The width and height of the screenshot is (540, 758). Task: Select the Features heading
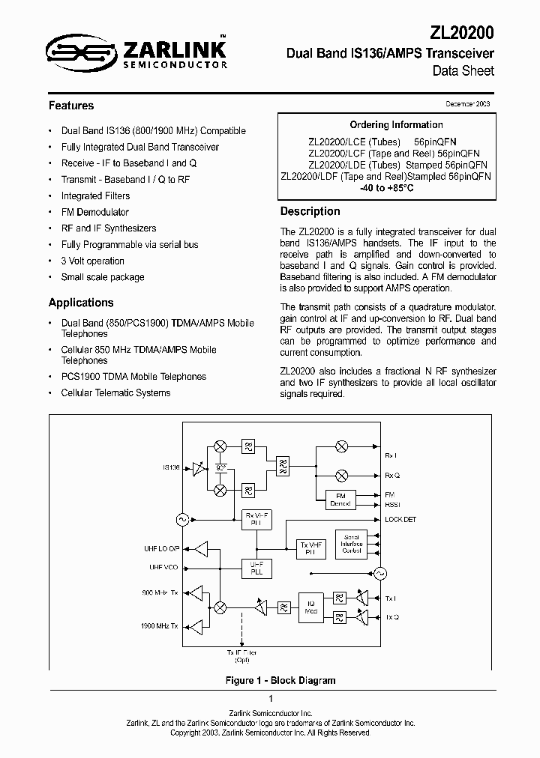tap(71, 106)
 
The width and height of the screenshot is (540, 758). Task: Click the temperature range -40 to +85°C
tap(386, 188)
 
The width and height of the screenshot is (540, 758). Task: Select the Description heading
tap(310, 211)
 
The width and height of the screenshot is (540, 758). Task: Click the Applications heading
tap(81, 303)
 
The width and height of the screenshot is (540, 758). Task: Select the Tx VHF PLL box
tap(310, 548)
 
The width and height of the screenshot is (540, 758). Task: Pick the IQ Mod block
tap(311, 607)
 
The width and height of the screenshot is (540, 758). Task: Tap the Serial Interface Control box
tap(352, 544)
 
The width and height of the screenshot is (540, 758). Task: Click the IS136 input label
tap(171, 468)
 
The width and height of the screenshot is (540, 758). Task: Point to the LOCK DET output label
tap(400, 519)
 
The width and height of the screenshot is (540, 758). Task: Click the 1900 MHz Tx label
tap(160, 625)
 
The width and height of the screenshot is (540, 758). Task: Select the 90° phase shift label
tap(220, 468)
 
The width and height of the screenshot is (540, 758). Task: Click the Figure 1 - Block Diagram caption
tap(280, 680)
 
